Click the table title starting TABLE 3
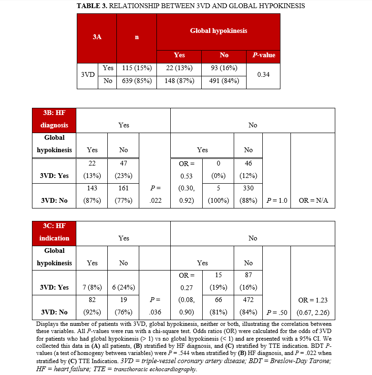point(191,6)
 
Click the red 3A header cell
point(97,37)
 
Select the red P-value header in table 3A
point(263,55)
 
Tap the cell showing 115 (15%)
point(136,68)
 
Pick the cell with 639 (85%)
point(136,81)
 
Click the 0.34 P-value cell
point(263,75)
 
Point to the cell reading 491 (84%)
point(224,81)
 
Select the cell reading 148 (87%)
point(179,81)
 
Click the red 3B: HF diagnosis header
point(53,119)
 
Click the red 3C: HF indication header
point(53,232)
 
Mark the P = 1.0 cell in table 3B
point(276,200)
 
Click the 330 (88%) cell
point(248,194)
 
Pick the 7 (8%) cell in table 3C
point(93,287)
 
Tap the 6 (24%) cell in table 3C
point(124,287)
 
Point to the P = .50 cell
point(276,312)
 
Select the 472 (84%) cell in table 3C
point(248,306)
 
